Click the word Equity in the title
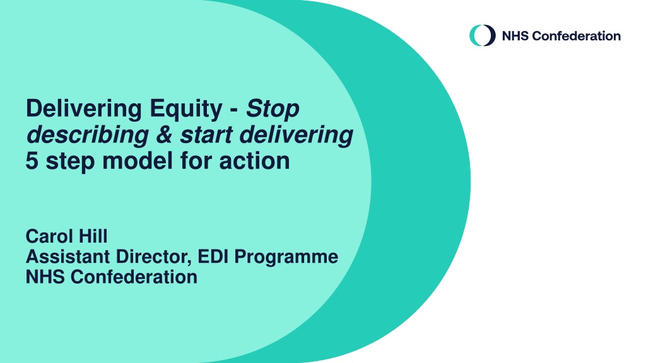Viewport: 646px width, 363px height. pyautogui.click(x=186, y=110)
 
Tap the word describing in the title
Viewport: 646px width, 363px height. pyautogui.click(x=87, y=135)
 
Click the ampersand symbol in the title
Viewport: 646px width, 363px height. pyautogui.click(x=164, y=135)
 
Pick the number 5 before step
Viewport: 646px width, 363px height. pyautogui.click(x=32, y=161)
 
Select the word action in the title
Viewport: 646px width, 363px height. pyautogui.click(x=254, y=161)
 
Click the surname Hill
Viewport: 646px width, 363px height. pyautogui.click(x=93, y=236)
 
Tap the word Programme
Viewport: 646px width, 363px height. pyautogui.click(x=286, y=258)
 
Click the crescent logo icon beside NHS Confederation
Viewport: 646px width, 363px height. pyautogui.click(x=483, y=35)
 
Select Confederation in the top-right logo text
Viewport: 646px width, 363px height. pyautogui.click(x=577, y=36)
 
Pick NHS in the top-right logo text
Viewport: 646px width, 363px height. pyautogui.click(x=515, y=36)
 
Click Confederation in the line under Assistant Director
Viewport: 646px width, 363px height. pyautogui.click(x=134, y=277)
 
